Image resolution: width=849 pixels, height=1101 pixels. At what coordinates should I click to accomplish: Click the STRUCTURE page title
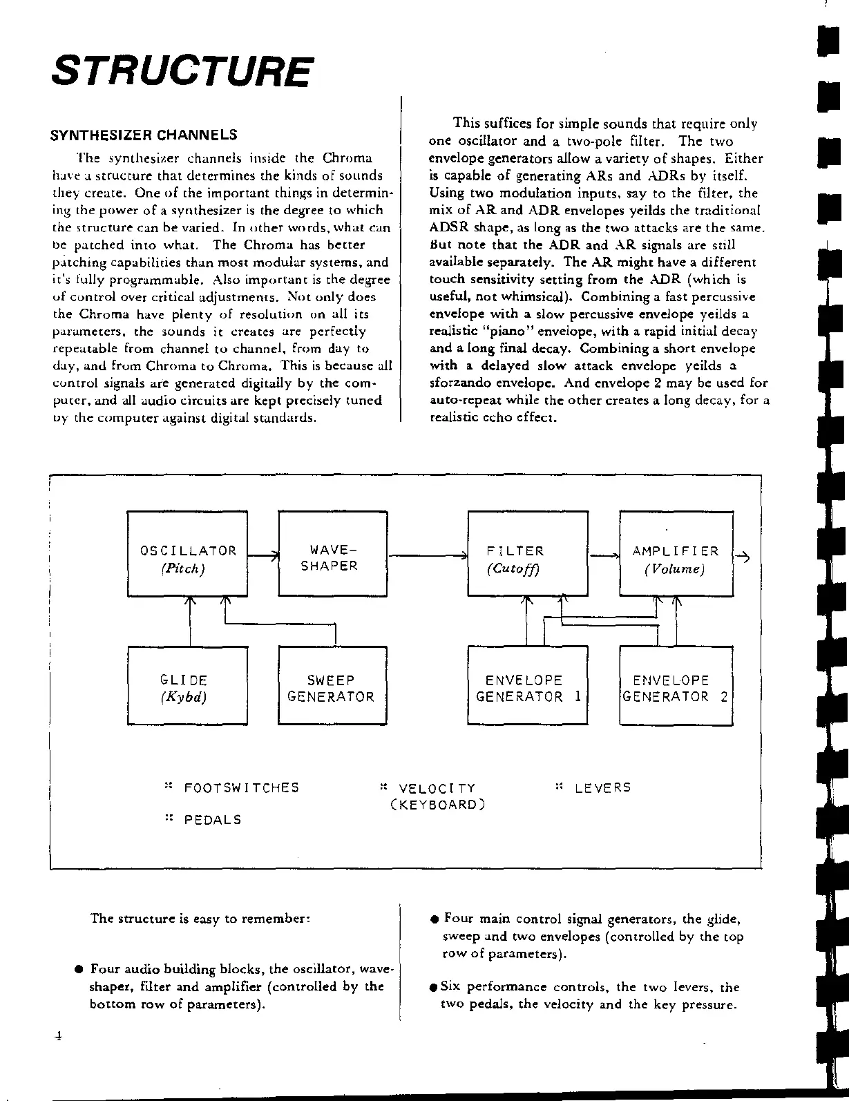click(x=182, y=71)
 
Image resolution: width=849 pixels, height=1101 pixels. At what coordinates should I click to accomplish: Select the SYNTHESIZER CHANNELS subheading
click(x=144, y=135)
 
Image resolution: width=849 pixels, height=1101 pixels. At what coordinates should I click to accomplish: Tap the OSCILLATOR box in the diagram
click(x=187, y=553)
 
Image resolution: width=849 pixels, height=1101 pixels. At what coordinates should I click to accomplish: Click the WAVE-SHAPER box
click(x=332, y=553)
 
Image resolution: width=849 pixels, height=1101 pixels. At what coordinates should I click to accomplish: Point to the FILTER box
click(x=528, y=553)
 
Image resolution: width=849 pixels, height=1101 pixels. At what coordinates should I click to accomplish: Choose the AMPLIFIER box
click(x=676, y=553)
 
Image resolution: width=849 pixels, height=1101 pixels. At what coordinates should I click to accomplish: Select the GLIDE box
click(x=187, y=685)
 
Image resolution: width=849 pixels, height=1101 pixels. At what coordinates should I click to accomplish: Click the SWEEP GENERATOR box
click(x=332, y=685)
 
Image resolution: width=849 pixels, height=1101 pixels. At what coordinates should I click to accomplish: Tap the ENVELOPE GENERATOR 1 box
click(x=528, y=685)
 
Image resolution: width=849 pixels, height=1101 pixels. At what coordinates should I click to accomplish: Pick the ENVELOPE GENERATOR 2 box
click(x=676, y=685)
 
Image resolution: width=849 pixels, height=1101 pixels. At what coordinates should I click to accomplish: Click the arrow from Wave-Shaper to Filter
click(x=428, y=555)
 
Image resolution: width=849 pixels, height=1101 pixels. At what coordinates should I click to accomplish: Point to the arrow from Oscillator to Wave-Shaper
click(x=263, y=555)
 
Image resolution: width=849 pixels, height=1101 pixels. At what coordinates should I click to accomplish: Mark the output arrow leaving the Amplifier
click(x=743, y=557)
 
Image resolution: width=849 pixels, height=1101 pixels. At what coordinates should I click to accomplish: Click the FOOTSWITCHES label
click(x=241, y=788)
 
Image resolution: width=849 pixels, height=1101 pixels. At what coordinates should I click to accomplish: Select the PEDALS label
click(x=213, y=820)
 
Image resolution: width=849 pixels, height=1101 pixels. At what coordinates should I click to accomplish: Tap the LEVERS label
click(x=602, y=787)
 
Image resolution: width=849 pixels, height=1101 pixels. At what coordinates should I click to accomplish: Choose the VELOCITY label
click(x=437, y=789)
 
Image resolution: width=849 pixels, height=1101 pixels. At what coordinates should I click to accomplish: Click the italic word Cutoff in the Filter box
click(x=513, y=569)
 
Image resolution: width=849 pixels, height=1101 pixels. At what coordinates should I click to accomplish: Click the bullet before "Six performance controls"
click(x=434, y=987)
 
